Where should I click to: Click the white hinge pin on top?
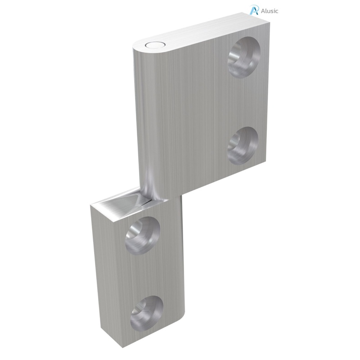click(154, 45)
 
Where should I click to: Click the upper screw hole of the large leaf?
click(244, 58)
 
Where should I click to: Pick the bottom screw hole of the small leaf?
click(146, 312)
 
